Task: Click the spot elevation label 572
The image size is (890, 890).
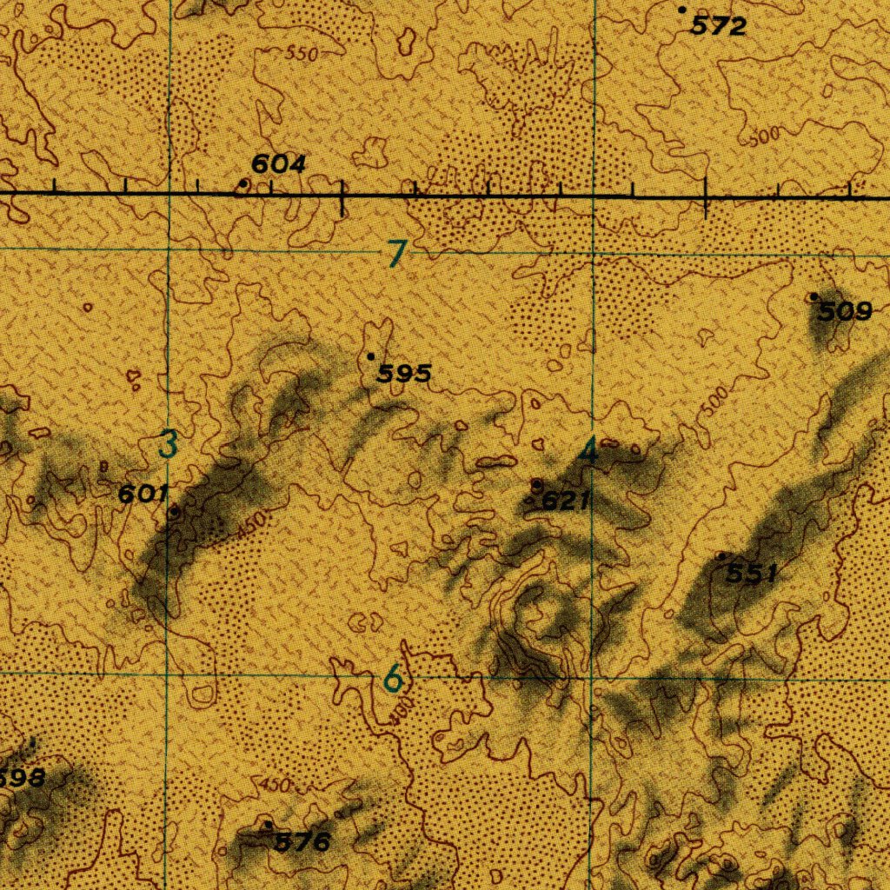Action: [719, 27]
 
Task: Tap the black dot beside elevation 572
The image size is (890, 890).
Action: [682, 10]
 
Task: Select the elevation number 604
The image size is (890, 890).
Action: [278, 163]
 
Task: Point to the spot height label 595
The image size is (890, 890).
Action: [404, 374]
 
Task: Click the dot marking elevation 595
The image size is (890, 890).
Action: [371, 356]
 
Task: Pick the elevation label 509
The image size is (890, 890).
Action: [845, 311]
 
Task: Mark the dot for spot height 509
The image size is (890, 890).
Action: [814, 297]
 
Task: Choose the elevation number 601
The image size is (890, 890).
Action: [143, 494]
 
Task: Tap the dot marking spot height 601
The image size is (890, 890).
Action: [174, 512]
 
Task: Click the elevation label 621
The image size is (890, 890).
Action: [566, 501]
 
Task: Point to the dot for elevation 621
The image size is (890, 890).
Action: [536, 483]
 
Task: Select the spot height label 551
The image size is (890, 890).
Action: [752, 573]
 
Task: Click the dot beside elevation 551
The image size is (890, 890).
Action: [721, 555]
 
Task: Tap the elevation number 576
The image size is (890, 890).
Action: [302, 841]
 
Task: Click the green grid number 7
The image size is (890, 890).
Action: [397, 254]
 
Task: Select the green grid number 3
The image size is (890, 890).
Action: [169, 444]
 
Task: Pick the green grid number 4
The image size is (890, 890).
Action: [590, 450]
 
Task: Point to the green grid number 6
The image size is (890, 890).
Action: [394, 678]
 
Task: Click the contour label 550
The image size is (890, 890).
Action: [302, 54]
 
